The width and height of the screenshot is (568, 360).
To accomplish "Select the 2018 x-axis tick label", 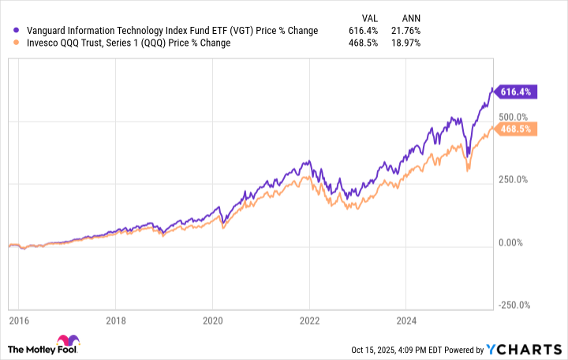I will point(116,321).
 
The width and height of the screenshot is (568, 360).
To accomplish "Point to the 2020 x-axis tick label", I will point(213,321).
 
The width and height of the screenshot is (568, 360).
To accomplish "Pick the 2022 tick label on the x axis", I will point(309,321).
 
